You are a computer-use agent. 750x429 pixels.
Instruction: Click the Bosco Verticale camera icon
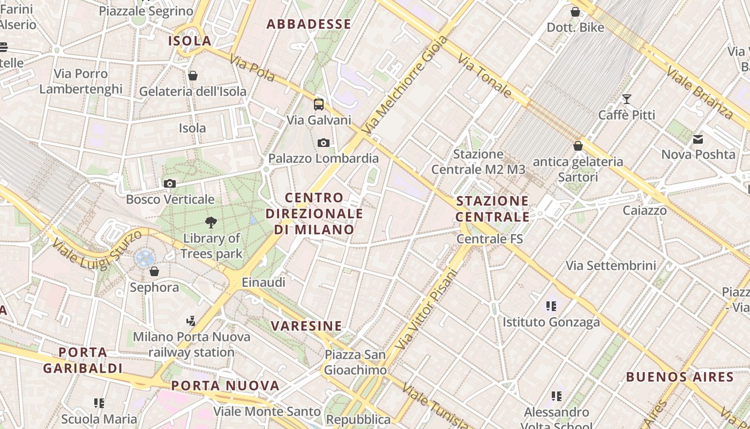tap(170, 183)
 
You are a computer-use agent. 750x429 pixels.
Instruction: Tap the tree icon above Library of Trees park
tap(211, 222)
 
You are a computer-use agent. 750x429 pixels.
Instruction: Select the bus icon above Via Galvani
tap(319, 104)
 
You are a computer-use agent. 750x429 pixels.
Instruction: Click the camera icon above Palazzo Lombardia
tap(323, 143)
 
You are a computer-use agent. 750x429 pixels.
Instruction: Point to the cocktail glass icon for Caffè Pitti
tap(626, 99)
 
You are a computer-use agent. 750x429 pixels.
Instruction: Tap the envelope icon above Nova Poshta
tap(698, 139)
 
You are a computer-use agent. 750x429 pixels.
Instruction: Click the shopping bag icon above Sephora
tap(154, 271)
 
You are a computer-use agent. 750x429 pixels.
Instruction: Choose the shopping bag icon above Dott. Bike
tap(575, 12)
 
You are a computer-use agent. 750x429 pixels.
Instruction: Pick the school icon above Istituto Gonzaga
tap(551, 306)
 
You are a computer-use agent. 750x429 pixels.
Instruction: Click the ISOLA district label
tap(190, 41)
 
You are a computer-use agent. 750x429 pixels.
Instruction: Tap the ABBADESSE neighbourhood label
tap(309, 24)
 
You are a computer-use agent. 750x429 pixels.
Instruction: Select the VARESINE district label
tap(306, 326)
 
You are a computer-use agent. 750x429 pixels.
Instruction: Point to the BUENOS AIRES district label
tap(679, 376)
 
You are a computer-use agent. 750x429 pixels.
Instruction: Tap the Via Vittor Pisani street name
tap(427, 309)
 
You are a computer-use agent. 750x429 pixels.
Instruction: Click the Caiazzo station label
tap(644, 210)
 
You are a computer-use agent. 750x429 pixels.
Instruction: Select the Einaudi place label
tap(264, 282)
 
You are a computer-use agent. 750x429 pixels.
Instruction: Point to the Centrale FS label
tap(490, 239)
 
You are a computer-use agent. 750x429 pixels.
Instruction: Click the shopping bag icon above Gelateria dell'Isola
tap(193, 76)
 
